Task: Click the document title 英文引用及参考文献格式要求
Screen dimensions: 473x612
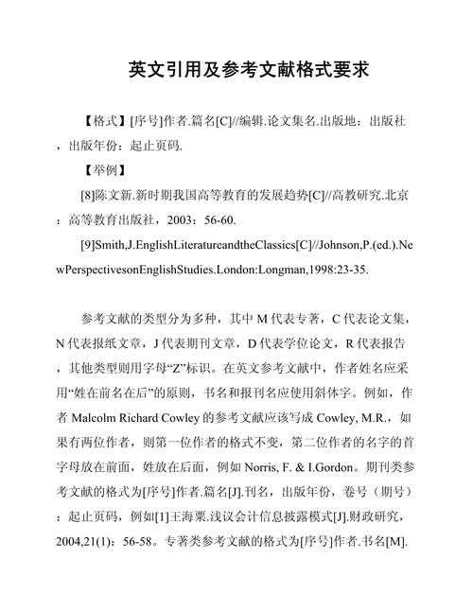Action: pyautogui.click(x=236, y=70)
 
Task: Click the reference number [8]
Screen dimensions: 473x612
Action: pyautogui.click(x=92, y=196)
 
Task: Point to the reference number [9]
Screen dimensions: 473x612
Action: pyautogui.click(x=92, y=244)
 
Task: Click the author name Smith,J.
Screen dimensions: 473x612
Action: pyautogui.click(x=122, y=244)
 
